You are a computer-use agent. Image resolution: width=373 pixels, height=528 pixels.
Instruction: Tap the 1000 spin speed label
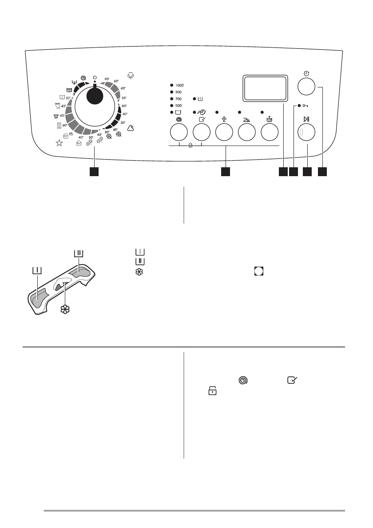(x=179, y=85)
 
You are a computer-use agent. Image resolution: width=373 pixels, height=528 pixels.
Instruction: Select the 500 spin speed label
(x=178, y=106)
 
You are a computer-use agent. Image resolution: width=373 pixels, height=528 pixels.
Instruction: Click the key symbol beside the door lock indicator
(x=306, y=106)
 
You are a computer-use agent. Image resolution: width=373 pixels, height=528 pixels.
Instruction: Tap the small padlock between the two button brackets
(x=190, y=145)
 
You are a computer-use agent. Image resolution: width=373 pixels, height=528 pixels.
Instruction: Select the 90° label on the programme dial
(x=107, y=79)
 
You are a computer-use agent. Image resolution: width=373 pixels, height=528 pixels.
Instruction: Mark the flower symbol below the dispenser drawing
(x=66, y=310)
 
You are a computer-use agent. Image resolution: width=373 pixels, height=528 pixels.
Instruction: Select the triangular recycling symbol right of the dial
(x=131, y=128)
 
